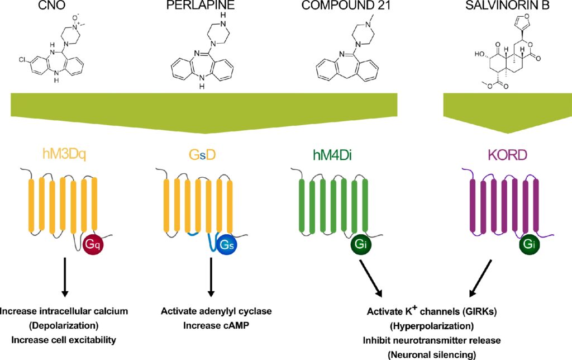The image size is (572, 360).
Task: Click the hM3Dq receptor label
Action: tap(64, 155)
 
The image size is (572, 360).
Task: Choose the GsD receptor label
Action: tap(202, 155)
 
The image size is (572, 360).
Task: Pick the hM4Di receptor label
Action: tap(332, 155)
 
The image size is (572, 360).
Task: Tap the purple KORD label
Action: tap(507, 155)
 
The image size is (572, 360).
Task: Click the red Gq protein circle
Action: tap(93, 245)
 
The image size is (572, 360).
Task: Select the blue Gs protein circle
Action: tap(227, 245)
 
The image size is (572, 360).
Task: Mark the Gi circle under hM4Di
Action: tap(361, 244)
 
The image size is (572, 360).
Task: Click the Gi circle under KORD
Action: tap(530, 244)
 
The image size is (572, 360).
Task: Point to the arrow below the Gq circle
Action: tap(65, 277)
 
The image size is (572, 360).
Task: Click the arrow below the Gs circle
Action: tap(211, 277)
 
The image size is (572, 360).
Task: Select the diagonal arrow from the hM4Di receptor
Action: tap(371, 278)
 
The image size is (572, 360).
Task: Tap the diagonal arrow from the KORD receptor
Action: tap(480, 278)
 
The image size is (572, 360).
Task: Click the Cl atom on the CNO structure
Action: tap(22, 60)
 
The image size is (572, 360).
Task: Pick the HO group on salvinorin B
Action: tap(479, 54)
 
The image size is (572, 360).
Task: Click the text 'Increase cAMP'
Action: tap(216, 325)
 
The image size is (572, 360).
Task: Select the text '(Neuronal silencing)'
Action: tap(432, 354)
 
